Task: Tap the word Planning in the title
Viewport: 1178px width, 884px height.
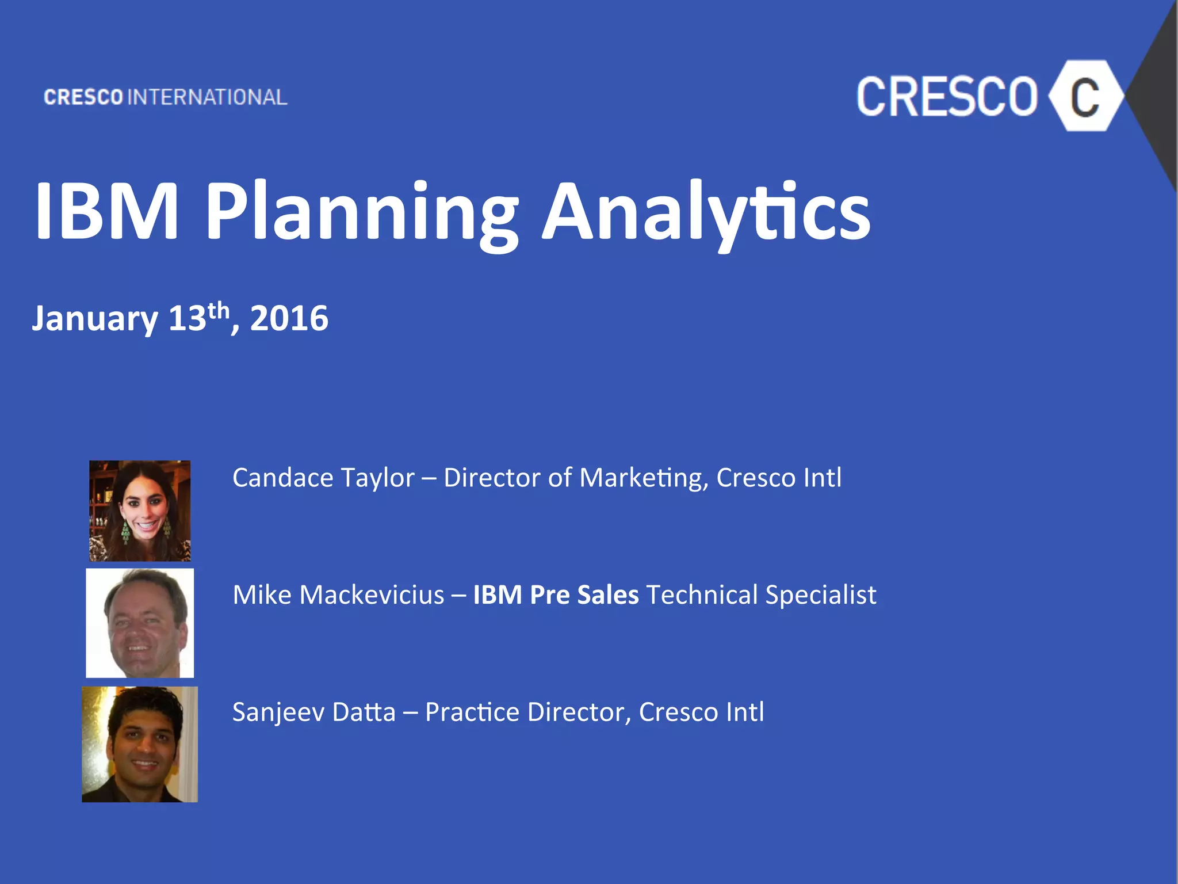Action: tap(362, 212)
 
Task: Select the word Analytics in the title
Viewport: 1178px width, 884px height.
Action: tap(706, 212)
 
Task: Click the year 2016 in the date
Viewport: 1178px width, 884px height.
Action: tap(289, 318)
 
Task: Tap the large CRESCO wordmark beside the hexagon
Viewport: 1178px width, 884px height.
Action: tap(947, 97)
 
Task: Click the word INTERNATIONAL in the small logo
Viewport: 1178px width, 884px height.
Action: tap(207, 97)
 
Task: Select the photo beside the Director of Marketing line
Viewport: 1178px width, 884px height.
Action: tap(140, 510)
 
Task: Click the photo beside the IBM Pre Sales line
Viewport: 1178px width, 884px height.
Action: tap(140, 623)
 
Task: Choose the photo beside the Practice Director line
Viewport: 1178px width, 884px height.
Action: tap(140, 744)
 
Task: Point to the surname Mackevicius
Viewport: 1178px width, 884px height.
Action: tap(372, 595)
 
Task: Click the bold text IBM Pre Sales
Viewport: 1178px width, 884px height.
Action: tap(556, 595)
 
